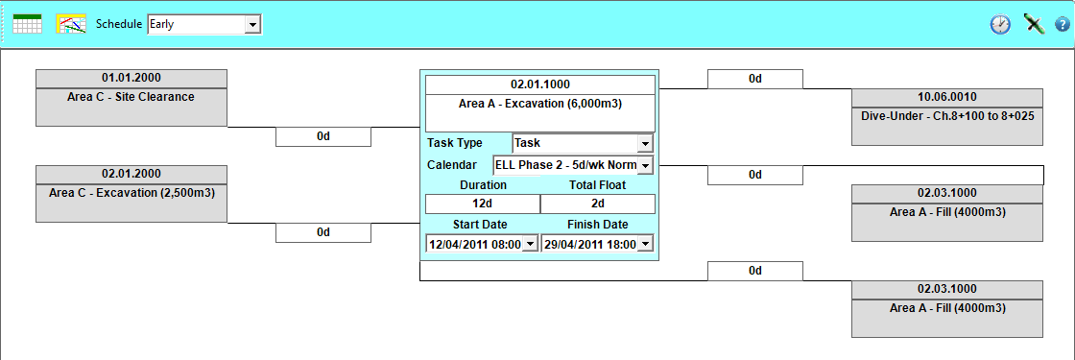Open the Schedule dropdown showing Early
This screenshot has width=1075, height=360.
coord(204,25)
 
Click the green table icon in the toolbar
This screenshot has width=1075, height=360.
coord(28,24)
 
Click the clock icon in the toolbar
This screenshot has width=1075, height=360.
coord(1000,25)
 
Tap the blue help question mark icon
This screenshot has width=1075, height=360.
coord(1062,25)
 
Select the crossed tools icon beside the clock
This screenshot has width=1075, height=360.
coord(1033,24)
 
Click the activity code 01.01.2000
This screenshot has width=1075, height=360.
coord(131,78)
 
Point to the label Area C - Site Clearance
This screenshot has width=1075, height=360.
coord(131,97)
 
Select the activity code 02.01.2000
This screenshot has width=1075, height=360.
coord(131,174)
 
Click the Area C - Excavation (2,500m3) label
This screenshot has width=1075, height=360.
coord(131,193)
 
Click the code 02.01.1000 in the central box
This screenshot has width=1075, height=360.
coord(540,84)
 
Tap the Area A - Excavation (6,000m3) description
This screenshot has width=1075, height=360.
coord(540,104)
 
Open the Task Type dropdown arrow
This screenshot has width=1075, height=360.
coord(644,143)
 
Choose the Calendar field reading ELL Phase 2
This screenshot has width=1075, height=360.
coord(573,165)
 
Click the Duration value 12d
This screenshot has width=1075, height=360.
coord(483,204)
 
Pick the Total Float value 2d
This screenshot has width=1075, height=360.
coord(598,204)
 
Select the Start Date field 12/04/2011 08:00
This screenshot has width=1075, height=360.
coord(482,244)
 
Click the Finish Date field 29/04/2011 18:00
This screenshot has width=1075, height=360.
coord(597,244)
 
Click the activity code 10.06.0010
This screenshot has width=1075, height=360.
coord(947,97)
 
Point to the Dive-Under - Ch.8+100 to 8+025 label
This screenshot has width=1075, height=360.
coord(947,116)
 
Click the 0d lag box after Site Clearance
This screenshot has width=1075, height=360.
coord(323,136)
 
